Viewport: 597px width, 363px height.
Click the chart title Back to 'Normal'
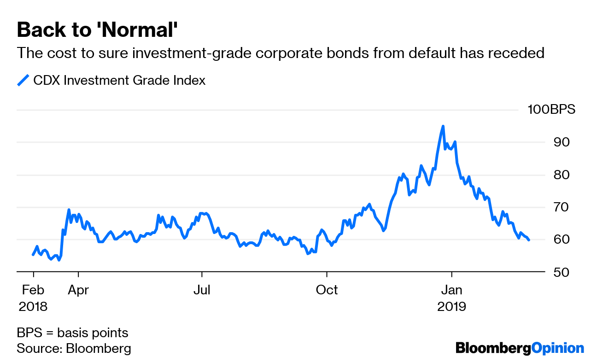point(97,30)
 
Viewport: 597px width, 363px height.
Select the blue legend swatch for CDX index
point(23,80)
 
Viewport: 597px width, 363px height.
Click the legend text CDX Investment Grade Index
point(119,80)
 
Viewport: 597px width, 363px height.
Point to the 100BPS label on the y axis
point(551,110)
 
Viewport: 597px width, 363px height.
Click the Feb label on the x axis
point(33,290)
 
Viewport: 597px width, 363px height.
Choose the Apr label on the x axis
point(79,290)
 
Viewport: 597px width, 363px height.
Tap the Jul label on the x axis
point(202,290)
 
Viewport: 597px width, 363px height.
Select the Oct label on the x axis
point(327,290)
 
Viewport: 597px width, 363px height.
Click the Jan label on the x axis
point(452,290)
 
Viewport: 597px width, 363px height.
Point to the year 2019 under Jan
point(452,306)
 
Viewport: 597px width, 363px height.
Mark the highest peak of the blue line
point(443,126)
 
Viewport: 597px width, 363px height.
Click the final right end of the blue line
point(529,240)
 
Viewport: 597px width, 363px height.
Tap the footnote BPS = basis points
point(72,333)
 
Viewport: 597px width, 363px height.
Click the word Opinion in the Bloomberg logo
point(557,348)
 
